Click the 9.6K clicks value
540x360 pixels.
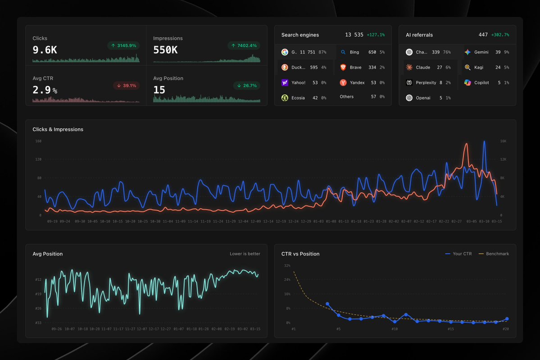point(45,50)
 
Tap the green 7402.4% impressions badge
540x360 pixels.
point(244,46)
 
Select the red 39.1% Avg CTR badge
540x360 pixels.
point(126,86)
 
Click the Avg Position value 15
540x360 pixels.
point(159,90)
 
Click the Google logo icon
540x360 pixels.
point(285,52)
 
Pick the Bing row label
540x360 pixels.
point(354,52)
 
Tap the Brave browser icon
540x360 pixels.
point(343,68)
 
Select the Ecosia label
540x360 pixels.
point(298,98)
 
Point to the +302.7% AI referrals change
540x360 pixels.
point(500,35)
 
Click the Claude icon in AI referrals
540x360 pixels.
point(409,68)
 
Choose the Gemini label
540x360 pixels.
point(481,52)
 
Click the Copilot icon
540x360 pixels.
point(467,83)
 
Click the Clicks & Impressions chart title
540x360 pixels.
point(58,129)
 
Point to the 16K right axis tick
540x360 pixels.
point(503,141)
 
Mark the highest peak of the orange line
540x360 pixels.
point(466,144)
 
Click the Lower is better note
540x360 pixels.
point(245,254)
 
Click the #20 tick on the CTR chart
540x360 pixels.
point(505,329)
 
